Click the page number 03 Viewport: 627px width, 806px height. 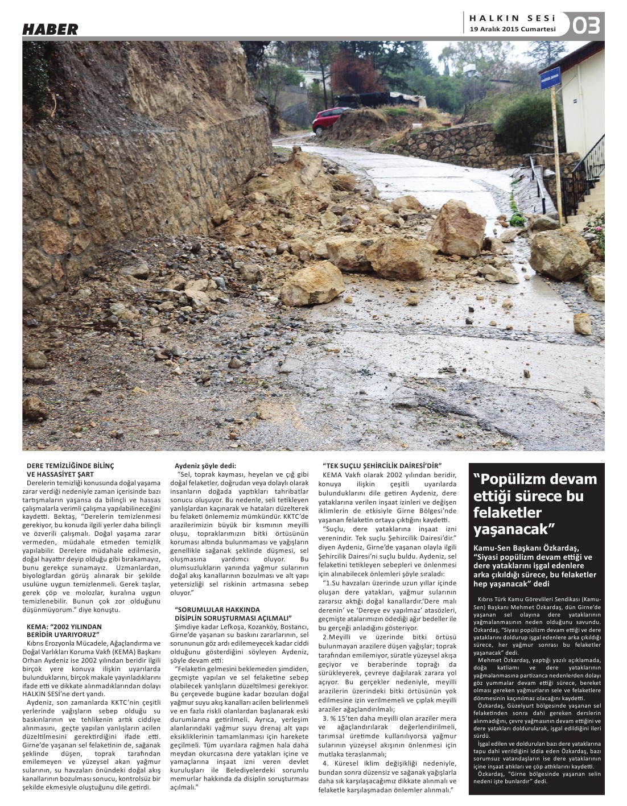pyautogui.click(x=586, y=26)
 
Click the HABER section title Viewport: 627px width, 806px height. pyautogui.click(x=50, y=30)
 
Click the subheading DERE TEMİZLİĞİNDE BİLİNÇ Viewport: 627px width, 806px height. pyautogui.click(x=71, y=466)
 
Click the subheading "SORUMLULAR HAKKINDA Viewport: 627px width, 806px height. pyautogui.click(x=217, y=610)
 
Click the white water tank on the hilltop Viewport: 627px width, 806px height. pyautogui.click(x=471, y=70)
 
